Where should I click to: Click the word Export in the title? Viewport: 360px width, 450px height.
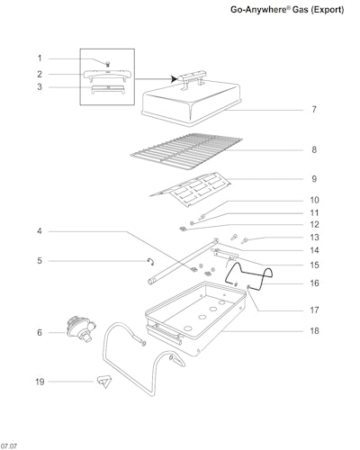(328, 10)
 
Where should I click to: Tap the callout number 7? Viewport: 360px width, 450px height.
(314, 110)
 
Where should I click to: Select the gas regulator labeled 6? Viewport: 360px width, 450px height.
(81, 329)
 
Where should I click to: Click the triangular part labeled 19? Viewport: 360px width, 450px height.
(104, 382)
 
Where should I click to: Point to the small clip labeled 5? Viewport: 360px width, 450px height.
(150, 261)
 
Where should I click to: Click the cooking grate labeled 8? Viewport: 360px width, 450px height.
(186, 152)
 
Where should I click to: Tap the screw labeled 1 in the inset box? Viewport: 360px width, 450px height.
(107, 64)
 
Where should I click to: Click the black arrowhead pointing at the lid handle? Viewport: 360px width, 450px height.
(173, 79)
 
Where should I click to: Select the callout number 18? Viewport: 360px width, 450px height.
(314, 331)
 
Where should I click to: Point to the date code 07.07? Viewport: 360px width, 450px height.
(9, 446)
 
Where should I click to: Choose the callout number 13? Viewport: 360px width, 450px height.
(314, 238)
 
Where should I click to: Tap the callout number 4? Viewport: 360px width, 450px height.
(40, 231)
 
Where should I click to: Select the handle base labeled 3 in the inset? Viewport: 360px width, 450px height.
(108, 89)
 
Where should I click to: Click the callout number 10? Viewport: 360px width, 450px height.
(314, 200)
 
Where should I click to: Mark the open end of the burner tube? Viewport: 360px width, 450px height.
(150, 282)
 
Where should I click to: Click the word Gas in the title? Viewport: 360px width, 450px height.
(301, 10)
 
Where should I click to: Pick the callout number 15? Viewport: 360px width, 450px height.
(314, 265)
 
